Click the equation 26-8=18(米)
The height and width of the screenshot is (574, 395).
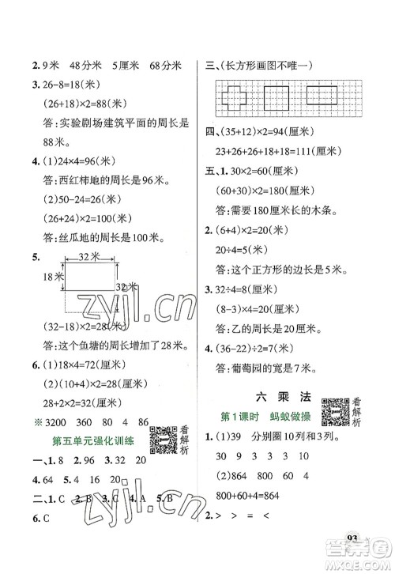coord(66,87)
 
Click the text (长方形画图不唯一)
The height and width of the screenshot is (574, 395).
coord(262,65)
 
